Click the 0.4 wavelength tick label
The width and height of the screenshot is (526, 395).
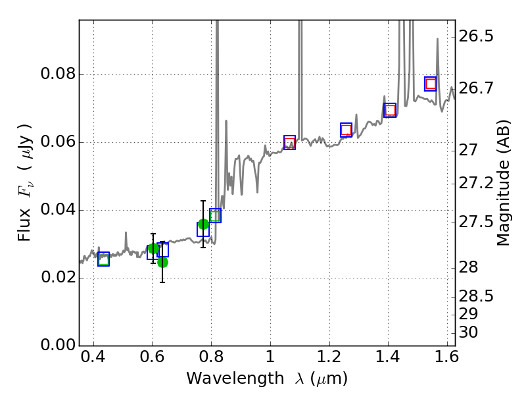coord(93,360)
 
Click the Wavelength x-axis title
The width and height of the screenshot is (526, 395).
coord(266,379)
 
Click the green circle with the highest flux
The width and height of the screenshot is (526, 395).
coord(203,224)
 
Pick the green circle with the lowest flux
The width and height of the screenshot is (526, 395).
coord(162,262)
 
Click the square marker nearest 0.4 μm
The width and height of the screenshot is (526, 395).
coord(103,259)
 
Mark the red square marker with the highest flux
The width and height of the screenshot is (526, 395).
coord(431,84)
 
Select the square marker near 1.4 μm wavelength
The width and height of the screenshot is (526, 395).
coord(390,110)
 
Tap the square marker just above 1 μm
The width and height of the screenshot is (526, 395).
coord(289,142)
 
